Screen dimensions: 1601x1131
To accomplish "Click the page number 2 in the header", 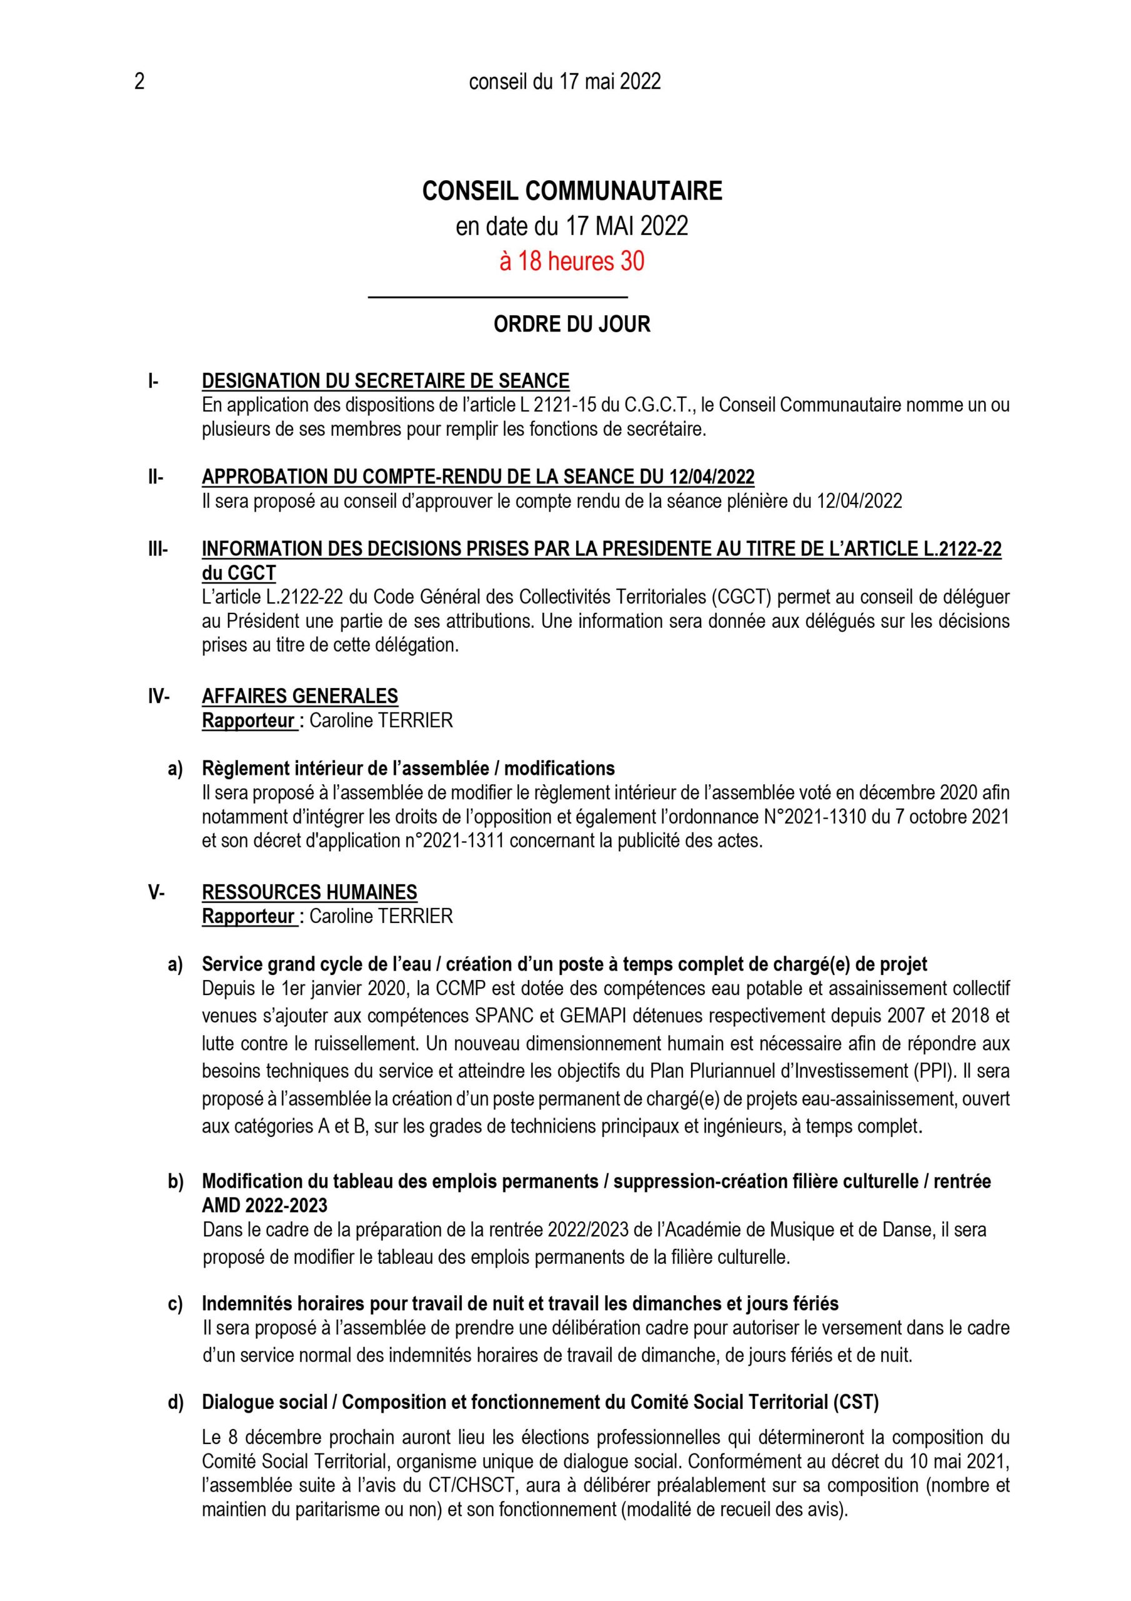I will (x=139, y=83).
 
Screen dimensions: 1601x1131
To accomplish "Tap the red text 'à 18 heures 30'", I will (x=571, y=261).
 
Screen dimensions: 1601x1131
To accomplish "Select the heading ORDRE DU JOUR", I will (x=571, y=324).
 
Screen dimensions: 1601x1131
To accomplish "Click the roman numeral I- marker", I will (x=153, y=381).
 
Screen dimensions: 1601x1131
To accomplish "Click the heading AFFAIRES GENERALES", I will (x=300, y=696).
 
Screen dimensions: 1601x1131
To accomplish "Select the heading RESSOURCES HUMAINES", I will (x=309, y=892).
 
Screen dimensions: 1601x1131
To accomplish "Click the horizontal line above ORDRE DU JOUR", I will (x=497, y=298).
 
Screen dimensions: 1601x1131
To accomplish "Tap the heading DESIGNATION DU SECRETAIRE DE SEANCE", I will (x=386, y=381).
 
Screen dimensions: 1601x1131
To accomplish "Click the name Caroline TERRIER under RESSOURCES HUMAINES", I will (x=381, y=916).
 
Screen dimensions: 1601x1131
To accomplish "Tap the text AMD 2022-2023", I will (x=265, y=1206).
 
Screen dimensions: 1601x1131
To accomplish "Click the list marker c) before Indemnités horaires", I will (x=175, y=1303).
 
